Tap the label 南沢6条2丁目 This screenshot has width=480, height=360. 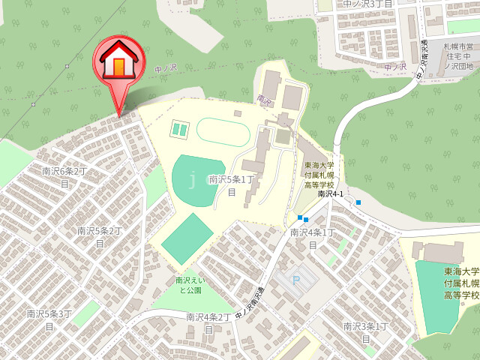[64, 177]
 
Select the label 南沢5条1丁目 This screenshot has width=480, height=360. [232, 185]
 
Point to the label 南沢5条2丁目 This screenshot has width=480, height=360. [99, 236]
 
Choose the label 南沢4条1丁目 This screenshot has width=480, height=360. [313, 238]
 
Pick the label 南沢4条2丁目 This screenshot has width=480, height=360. [208, 322]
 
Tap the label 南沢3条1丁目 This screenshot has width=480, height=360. [365, 332]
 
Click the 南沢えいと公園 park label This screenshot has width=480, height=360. [189, 286]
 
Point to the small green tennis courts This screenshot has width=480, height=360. [179, 129]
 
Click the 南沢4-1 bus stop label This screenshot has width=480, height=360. [330, 193]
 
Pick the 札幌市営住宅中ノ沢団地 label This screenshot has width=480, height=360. [457, 56]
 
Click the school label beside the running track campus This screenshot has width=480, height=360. [323, 175]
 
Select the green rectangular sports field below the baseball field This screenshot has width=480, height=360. [187, 238]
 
